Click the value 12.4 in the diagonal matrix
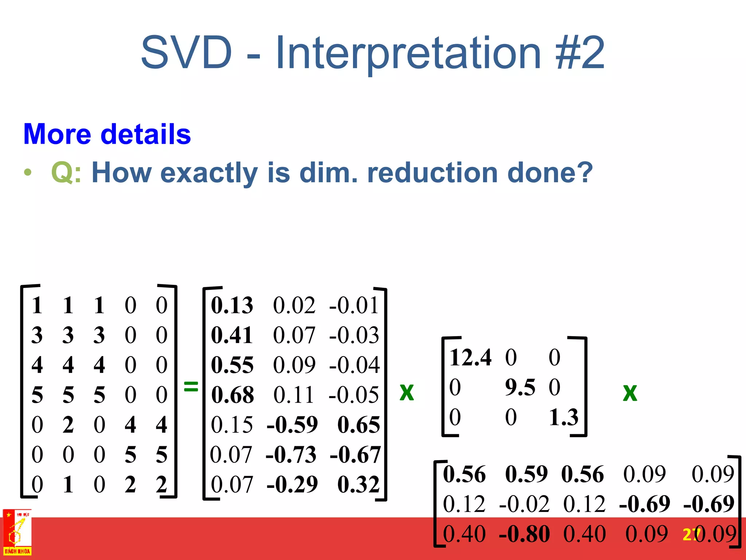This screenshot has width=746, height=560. (x=470, y=357)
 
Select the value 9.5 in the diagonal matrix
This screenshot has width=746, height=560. (x=520, y=387)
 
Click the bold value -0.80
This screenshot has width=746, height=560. (x=524, y=534)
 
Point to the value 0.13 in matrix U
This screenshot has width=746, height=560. (x=232, y=306)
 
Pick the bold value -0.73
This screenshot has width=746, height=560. (x=291, y=455)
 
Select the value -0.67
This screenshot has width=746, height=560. (x=355, y=455)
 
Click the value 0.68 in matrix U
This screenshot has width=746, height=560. (x=232, y=395)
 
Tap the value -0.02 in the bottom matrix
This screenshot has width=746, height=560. (x=524, y=504)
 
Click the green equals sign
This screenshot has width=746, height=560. (x=191, y=386)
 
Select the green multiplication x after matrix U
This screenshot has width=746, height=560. (x=407, y=392)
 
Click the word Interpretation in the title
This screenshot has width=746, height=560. (x=408, y=53)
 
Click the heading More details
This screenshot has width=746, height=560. (x=107, y=134)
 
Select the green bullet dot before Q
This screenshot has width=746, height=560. (x=28, y=172)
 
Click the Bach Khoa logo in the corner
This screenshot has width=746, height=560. (x=17, y=532)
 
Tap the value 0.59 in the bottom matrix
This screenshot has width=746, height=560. (x=526, y=474)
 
